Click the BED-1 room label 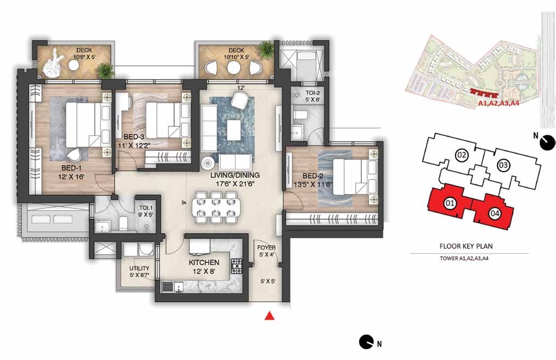pos(72,168)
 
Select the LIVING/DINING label pos(235,175)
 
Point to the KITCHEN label pos(204,262)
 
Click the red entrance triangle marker pos(270,315)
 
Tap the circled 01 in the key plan pos(450,204)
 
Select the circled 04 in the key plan pos(495,213)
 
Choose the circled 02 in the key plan pos(461,155)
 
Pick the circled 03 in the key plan pos(503,165)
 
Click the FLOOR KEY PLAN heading pos(466,246)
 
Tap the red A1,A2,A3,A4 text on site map pos(498,103)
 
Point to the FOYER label pos(266,248)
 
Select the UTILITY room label pos(139,268)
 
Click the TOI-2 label pos(313,93)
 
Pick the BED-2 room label pos(313,176)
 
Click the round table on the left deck pos(74,65)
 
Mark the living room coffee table pos(234,130)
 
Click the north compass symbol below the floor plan pos(366,342)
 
